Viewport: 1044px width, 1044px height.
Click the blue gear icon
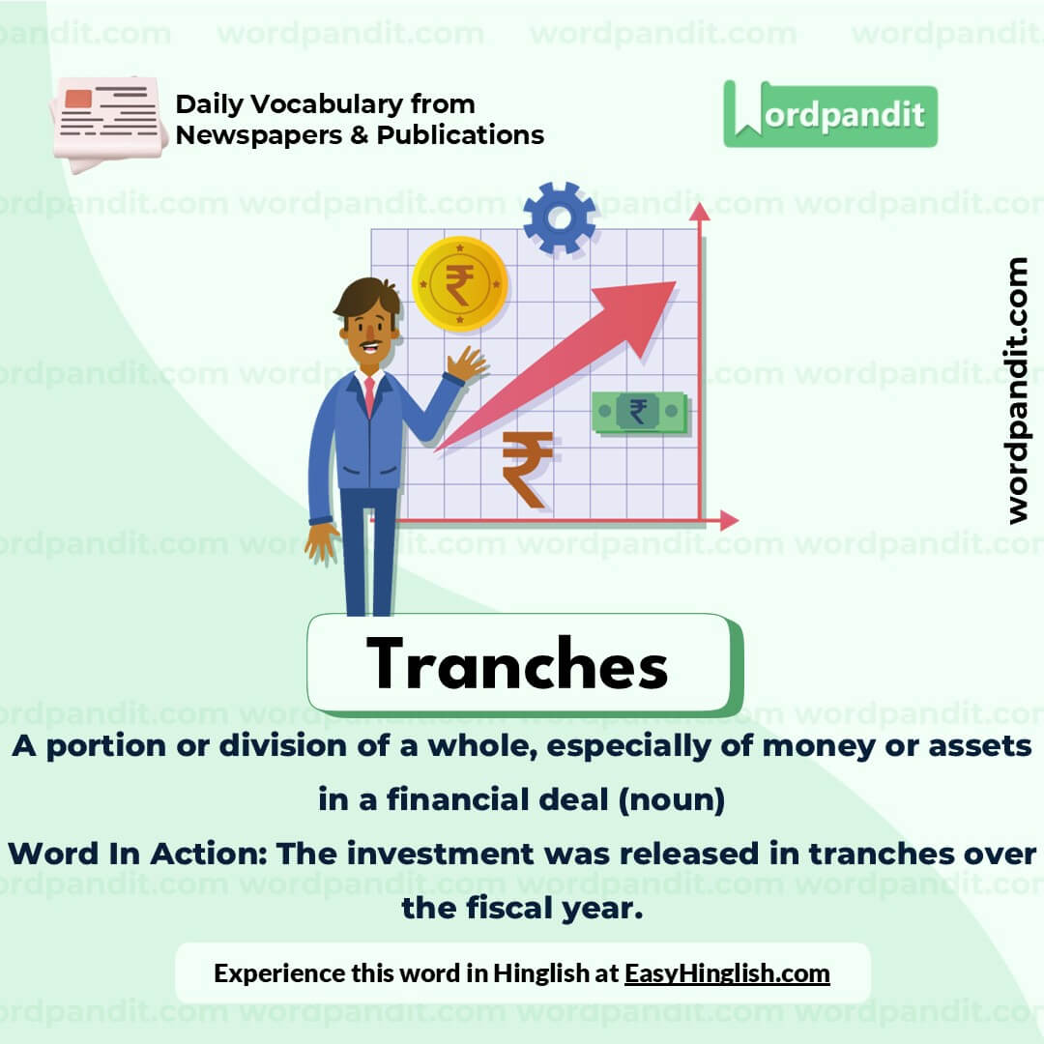tap(559, 218)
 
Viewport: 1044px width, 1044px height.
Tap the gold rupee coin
tap(460, 284)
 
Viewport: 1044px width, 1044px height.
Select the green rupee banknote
tap(639, 413)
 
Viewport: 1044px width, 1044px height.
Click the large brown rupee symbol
tap(527, 468)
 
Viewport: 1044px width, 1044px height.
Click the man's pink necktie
tap(369, 396)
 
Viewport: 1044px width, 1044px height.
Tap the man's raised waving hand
tap(466, 364)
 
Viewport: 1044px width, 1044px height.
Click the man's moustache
tap(368, 343)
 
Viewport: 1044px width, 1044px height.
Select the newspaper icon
tap(107, 122)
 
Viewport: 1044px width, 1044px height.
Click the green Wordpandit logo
tap(830, 115)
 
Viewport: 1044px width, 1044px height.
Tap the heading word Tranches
tap(517, 664)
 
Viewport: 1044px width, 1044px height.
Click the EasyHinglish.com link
tap(727, 972)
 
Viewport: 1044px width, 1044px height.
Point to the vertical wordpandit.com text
tap(1017, 391)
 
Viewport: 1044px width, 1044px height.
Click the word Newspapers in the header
tap(258, 135)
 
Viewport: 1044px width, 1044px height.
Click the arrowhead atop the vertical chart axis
tap(699, 212)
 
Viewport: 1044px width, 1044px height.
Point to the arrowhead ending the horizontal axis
tap(729, 521)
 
